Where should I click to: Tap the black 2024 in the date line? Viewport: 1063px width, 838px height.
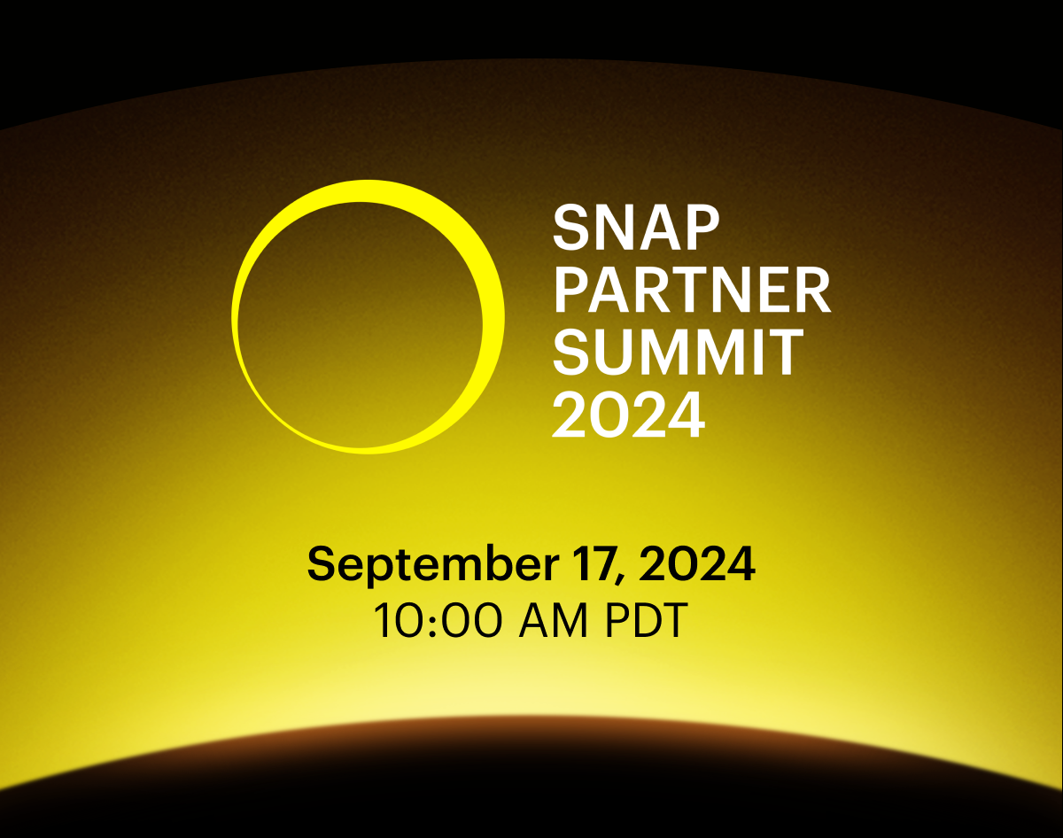click(697, 564)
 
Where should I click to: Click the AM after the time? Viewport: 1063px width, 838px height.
click(553, 620)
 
